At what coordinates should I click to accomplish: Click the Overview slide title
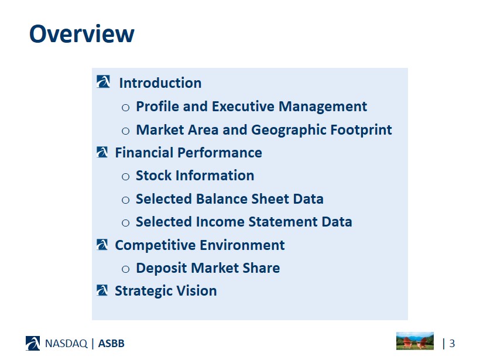click(82, 33)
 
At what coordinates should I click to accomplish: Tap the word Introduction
click(160, 83)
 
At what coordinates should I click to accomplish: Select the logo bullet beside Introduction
click(103, 82)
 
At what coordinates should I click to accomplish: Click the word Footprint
click(361, 130)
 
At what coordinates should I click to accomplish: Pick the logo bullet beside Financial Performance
click(102, 152)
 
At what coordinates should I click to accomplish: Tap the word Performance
click(220, 152)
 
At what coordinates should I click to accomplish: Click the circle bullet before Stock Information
click(125, 177)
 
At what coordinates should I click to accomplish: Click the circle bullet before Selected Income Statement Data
click(125, 223)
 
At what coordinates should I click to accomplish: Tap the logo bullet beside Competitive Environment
click(102, 245)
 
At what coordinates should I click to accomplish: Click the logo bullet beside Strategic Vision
click(102, 290)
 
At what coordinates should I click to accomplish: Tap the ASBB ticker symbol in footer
click(111, 344)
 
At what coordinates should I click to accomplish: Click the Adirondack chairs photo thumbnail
click(415, 341)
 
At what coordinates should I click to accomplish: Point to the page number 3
click(452, 344)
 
